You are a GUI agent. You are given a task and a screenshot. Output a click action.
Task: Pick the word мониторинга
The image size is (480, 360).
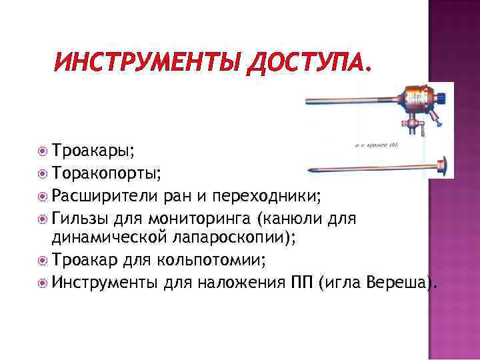coord(200,218)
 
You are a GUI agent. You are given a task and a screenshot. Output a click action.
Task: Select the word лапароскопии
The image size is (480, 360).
coord(234,237)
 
